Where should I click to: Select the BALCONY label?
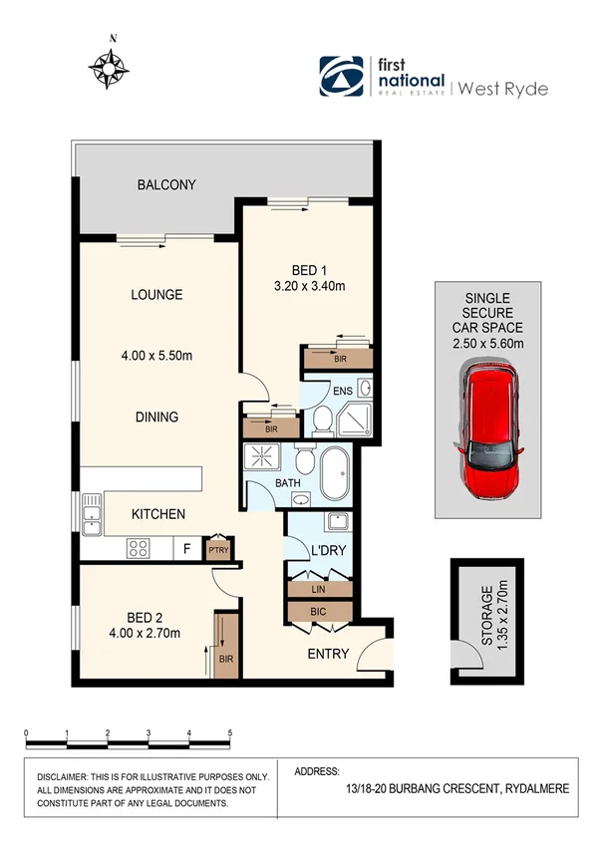click(166, 184)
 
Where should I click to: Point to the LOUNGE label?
click(156, 295)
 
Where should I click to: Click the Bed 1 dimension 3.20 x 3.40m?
click(309, 287)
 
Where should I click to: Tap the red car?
click(488, 431)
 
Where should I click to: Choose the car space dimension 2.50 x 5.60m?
click(488, 344)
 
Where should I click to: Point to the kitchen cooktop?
click(138, 548)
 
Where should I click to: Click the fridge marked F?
click(185, 548)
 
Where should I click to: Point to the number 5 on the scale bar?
click(230, 732)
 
